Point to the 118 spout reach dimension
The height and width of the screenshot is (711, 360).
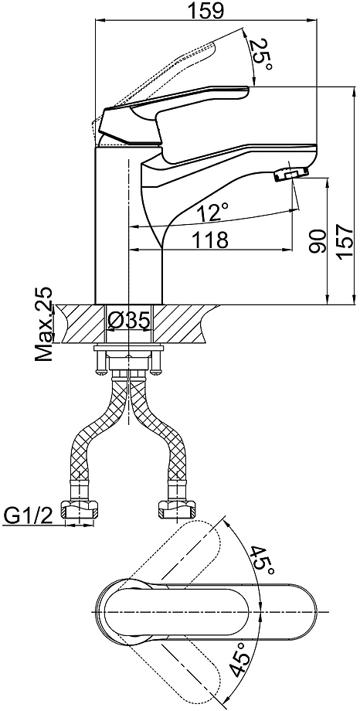coord(210,240)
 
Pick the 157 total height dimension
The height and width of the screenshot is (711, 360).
coord(345,241)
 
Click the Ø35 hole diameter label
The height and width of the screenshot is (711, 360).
coord(129,321)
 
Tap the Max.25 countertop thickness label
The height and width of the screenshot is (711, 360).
coord(45,324)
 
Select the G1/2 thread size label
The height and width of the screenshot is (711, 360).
coord(28,515)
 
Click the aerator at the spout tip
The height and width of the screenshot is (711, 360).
coord(291,174)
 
